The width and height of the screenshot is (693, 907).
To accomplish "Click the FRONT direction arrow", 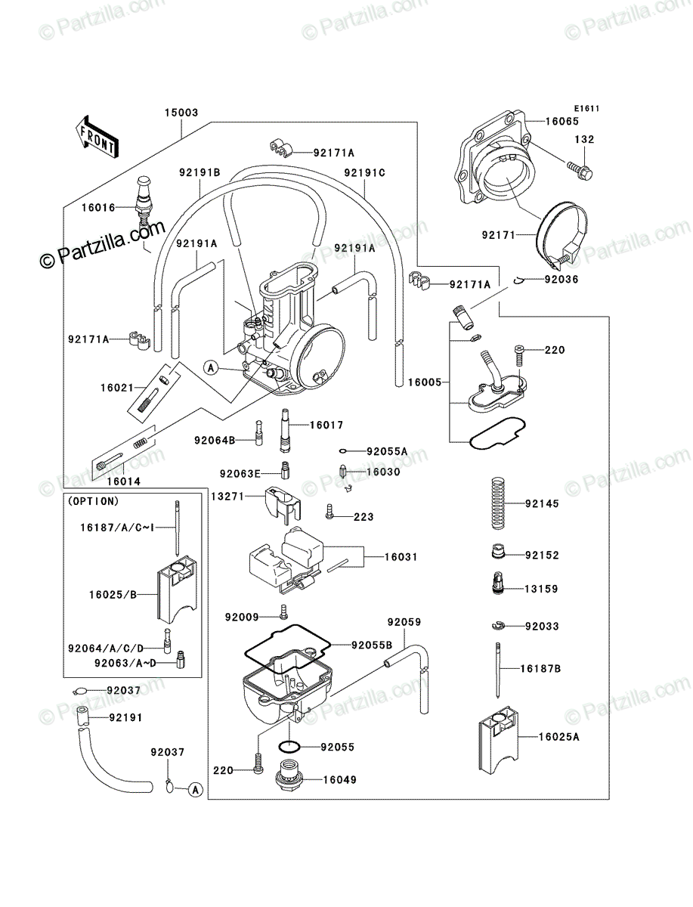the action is (x=97, y=137).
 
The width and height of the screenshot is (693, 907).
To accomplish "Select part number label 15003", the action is (x=181, y=113).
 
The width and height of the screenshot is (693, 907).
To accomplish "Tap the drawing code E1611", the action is (x=586, y=109).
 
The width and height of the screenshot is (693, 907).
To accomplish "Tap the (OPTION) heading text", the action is (x=93, y=501).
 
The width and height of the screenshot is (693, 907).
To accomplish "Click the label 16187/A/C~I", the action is (x=117, y=528).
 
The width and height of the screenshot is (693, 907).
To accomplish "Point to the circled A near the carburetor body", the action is (x=211, y=367).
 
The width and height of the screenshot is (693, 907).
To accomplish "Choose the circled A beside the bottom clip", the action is (x=195, y=790).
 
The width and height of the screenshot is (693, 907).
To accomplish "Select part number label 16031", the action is (x=401, y=556).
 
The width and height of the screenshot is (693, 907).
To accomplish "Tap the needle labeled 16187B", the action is (x=498, y=670).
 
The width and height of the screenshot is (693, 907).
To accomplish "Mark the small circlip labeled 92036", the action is (x=518, y=280).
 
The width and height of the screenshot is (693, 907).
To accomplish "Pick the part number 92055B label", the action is (x=372, y=645).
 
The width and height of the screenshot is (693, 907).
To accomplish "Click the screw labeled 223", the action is (x=329, y=511).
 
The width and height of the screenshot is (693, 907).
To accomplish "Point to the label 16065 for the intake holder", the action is (x=562, y=121).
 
